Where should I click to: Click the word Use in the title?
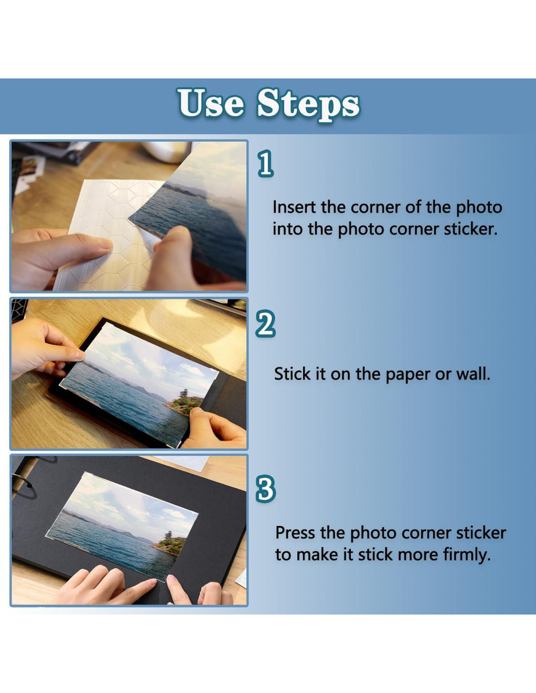211,103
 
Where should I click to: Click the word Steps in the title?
308,105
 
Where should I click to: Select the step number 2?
265,324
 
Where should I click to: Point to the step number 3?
265,489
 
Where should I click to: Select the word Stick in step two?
292,374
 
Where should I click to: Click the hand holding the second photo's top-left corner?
45,348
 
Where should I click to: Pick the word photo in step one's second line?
360,230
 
